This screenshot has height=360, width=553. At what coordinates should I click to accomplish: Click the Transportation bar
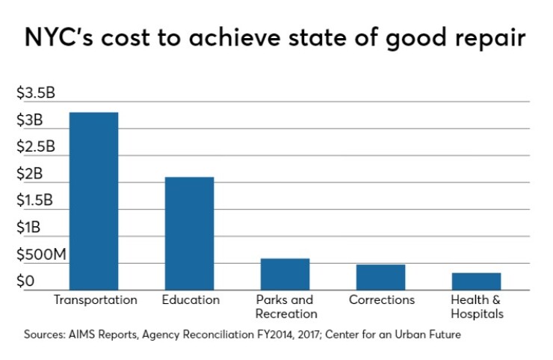click(93, 201)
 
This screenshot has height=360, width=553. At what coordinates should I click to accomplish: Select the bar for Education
click(189, 234)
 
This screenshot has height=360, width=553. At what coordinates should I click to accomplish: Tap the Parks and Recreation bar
click(285, 274)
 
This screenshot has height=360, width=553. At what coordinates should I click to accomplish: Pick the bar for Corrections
click(380, 277)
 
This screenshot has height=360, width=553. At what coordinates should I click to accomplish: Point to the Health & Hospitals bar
click(477, 282)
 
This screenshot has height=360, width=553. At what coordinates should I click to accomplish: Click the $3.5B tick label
click(36, 93)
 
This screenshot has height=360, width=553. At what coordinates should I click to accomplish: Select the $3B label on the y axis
click(30, 120)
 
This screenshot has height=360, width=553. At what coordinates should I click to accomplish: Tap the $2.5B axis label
click(36, 146)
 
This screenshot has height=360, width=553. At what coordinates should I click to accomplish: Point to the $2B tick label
click(30, 173)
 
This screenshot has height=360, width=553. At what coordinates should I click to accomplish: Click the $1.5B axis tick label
click(35, 200)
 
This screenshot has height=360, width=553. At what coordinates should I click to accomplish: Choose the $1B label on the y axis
click(28, 227)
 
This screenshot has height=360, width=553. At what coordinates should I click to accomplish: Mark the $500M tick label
click(41, 254)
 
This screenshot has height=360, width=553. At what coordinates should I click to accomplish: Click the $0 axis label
click(25, 281)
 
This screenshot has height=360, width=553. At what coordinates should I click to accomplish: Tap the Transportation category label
click(96, 300)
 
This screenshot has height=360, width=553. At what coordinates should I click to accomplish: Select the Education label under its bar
click(191, 300)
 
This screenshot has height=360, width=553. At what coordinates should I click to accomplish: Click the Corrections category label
click(382, 300)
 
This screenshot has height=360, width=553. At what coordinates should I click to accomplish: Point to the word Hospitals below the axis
click(478, 314)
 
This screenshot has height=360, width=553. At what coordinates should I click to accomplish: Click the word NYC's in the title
click(59, 37)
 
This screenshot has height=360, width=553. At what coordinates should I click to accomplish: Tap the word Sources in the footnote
click(44, 335)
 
